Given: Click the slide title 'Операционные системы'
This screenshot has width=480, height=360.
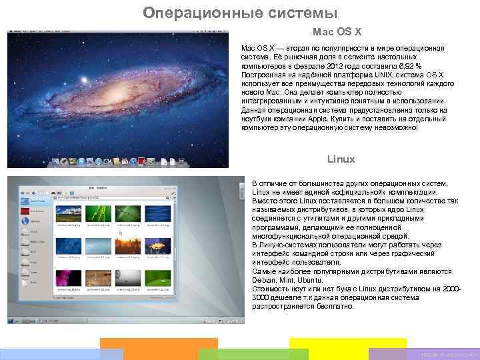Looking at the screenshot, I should click(240, 13).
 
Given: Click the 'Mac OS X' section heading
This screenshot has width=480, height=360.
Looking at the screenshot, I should click(337, 31).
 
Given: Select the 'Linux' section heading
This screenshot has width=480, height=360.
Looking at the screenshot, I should click(341, 159).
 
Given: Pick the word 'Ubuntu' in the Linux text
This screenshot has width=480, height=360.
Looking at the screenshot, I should click(309, 281).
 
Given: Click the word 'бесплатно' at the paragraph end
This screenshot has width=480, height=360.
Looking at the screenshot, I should click(337, 307).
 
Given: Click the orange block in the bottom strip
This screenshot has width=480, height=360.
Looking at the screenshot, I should click(159, 349).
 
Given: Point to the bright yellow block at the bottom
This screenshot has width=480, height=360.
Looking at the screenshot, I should click(347, 349).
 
